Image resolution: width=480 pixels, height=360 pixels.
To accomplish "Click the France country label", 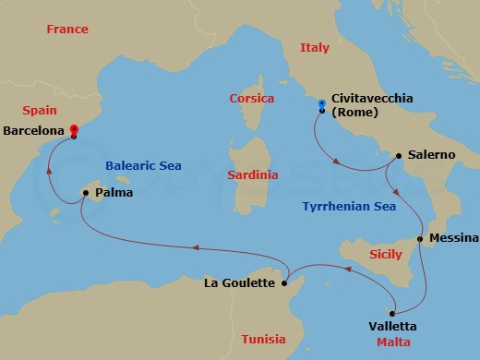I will pos(67,30).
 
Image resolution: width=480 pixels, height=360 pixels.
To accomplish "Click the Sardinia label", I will pos(253,174).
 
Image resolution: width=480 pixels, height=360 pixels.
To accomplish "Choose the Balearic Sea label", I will pos(143,166).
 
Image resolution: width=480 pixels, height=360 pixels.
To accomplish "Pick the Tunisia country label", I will pos(264,339).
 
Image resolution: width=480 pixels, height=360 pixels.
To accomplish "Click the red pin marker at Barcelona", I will pos(74,131).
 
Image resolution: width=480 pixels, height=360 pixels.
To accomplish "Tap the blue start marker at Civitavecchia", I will pos(321,103).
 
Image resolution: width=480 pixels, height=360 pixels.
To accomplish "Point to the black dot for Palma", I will pos(86,193).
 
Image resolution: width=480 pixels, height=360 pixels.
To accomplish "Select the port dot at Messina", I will pos(420,239).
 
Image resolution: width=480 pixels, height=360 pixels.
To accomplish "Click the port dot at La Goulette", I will pos(285,282).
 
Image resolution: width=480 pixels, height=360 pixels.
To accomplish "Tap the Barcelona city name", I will pos(34,131).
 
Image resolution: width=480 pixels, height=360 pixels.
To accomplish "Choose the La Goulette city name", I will pos(239,283).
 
